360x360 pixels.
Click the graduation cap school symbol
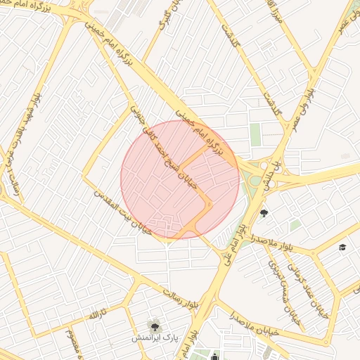coord(342,247)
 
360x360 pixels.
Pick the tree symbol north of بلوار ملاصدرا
coord(264,213)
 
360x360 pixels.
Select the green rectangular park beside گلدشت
coord(255,134)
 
